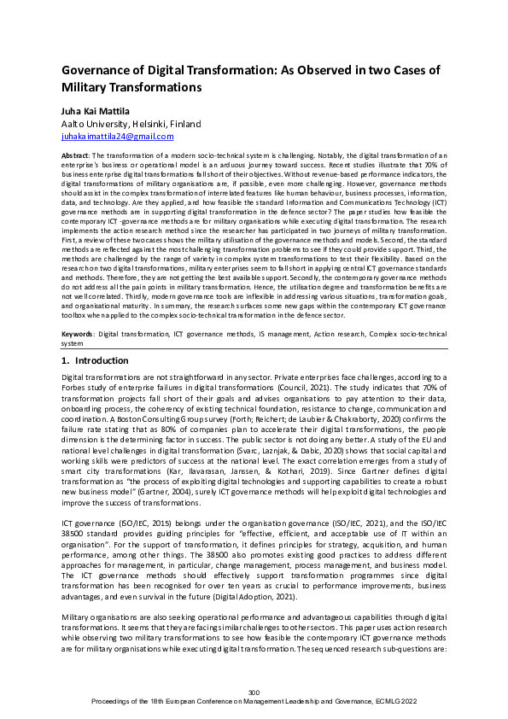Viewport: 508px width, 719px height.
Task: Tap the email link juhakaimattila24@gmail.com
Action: point(118,136)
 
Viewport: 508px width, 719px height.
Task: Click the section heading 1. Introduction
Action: point(96,360)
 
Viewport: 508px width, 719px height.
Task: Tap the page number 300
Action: point(254,692)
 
